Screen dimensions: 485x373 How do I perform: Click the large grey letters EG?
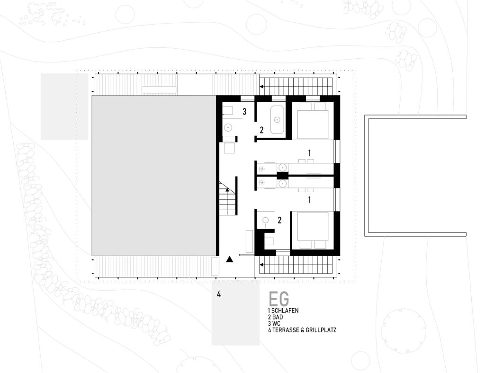[x=279, y=299]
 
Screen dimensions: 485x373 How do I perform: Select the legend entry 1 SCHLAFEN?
[x=283, y=311]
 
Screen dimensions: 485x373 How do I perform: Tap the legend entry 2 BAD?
[x=275, y=317]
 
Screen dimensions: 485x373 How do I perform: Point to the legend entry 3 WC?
[x=274, y=324]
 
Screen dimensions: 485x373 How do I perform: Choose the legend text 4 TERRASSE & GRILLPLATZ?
[x=302, y=330]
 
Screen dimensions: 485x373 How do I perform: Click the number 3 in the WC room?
[x=244, y=112]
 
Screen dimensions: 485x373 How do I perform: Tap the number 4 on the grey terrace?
[x=219, y=294]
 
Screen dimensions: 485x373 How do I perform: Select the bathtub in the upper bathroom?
[x=277, y=120]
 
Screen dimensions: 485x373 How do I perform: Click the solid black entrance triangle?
[x=229, y=259]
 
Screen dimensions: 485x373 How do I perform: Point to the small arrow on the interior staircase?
[x=228, y=190]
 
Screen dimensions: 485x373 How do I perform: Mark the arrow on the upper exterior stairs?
[x=261, y=87]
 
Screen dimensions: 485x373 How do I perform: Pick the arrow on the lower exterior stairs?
[x=261, y=265]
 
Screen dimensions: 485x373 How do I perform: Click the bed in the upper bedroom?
[x=313, y=121]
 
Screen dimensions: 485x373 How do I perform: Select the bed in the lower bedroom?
[x=313, y=230]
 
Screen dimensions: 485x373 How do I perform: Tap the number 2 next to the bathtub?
[x=261, y=130]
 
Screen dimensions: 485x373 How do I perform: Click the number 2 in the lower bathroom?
[x=279, y=220]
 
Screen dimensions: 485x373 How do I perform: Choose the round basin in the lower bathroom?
[x=265, y=220]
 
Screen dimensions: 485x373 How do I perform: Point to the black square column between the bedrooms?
[x=282, y=176]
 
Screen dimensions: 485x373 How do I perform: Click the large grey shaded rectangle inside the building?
[x=154, y=176]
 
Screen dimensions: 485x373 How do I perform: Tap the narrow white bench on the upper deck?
[x=159, y=90]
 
